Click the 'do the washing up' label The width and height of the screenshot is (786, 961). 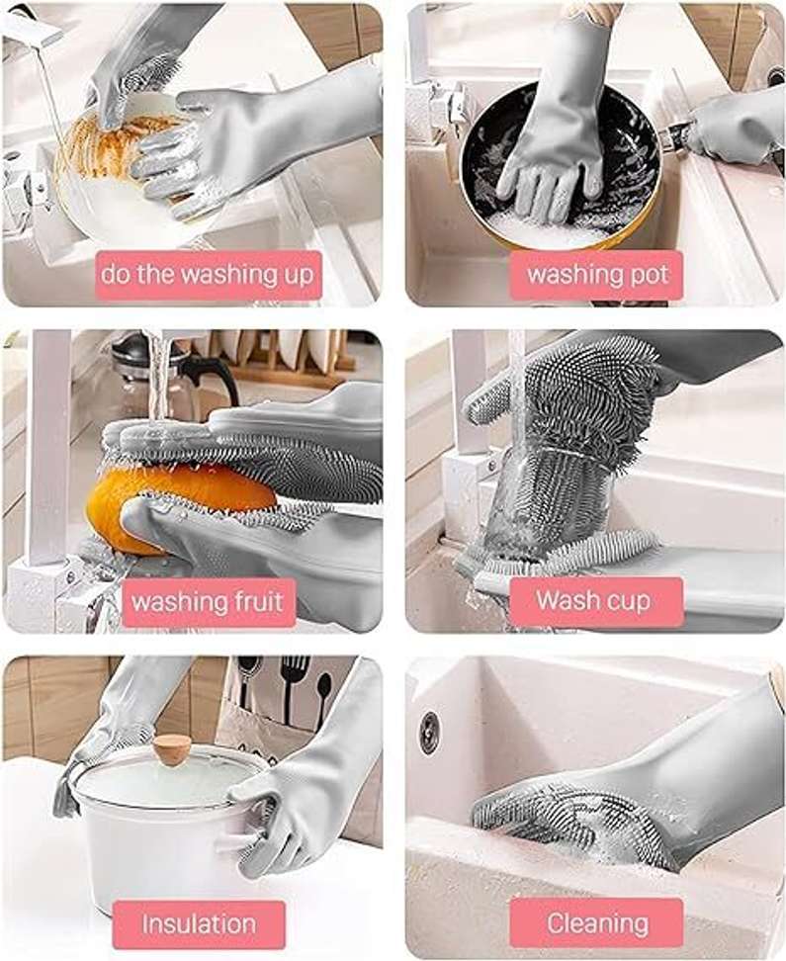pyautogui.click(x=209, y=275)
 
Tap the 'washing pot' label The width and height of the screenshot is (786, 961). pyautogui.click(x=596, y=275)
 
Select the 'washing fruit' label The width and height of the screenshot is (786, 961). pyautogui.click(x=209, y=602)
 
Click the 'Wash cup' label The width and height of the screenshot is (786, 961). pyautogui.click(x=596, y=602)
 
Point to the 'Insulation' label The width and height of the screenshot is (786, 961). pyautogui.click(x=200, y=924)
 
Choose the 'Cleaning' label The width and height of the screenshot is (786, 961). pyautogui.click(x=596, y=923)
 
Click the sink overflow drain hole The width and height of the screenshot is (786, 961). pyautogui.click(x=428, y=729)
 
